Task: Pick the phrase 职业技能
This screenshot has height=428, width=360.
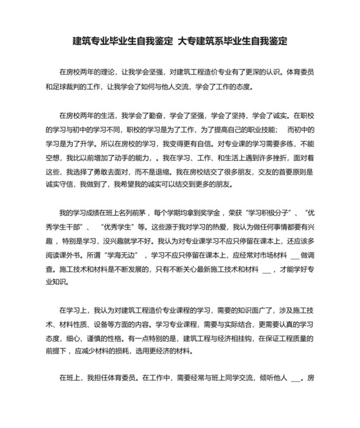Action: pos(258,131)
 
